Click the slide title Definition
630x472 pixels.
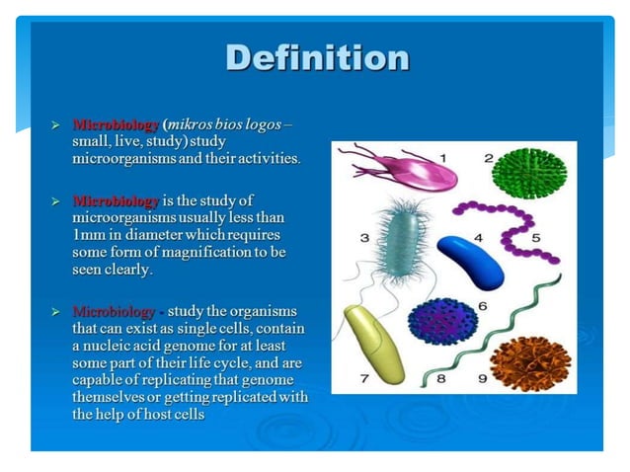316,58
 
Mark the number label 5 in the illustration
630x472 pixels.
535,237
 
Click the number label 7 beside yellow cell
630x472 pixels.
362,378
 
